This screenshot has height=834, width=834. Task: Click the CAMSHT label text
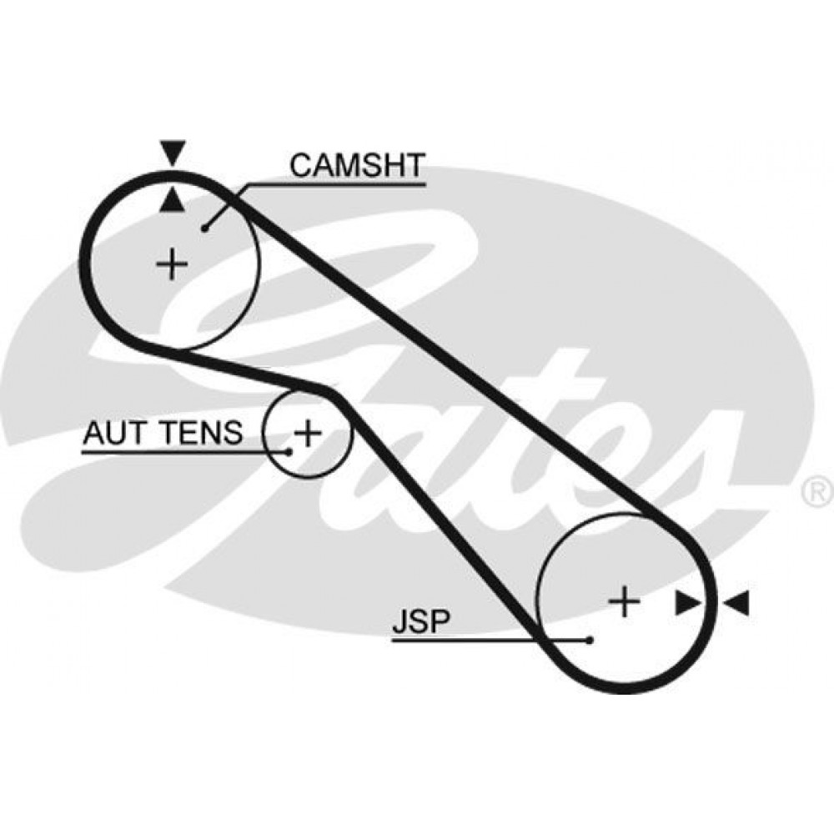(x=358, y=165)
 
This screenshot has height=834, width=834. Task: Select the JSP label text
(x=421, y=620)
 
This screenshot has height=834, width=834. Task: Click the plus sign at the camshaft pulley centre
(x=172, y=264)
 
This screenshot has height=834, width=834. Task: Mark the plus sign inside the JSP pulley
(x=624, y=602)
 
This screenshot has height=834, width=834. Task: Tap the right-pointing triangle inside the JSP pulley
(x=688, y=603)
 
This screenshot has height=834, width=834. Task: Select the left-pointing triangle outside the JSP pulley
(x=736, y=603)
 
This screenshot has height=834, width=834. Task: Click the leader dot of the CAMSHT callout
(x=205, y=229)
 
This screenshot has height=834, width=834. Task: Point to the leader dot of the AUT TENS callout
(x=289, y=452)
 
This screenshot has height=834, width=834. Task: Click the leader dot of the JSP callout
(x=590, y=640)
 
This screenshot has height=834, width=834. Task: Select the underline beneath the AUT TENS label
(x=183, y=452)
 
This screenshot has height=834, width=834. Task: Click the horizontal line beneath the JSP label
(x=490, y=640)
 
